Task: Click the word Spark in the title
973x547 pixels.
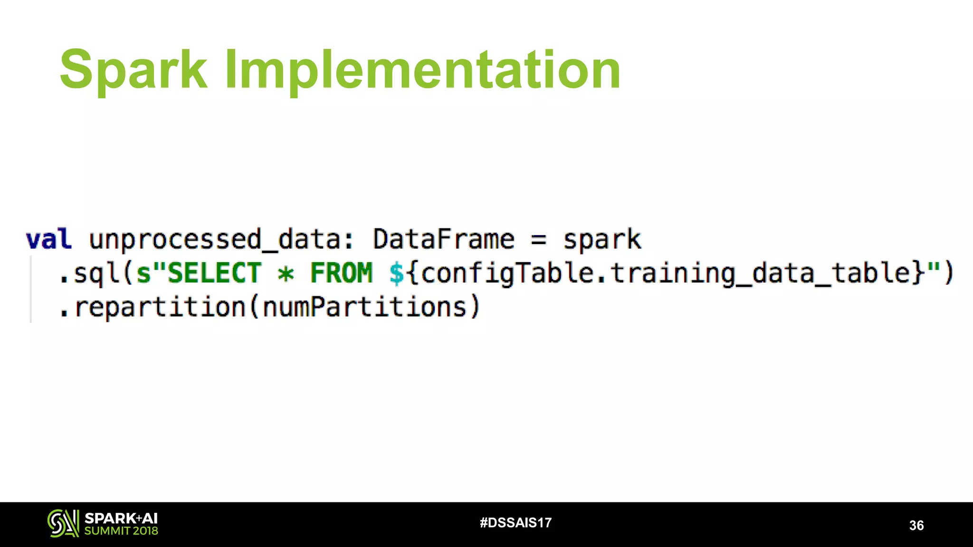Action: click(134, 70)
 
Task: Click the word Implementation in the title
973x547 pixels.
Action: click(422, 70)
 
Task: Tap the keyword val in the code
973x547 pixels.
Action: click(49, 239)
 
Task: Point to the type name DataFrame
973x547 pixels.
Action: click(443, 239)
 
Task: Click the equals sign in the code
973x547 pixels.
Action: click(538, 239)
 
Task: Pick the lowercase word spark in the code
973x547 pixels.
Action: click(602, 239)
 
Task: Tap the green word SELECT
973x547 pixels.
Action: click(214, 273)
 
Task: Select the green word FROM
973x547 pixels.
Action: click(342, 273)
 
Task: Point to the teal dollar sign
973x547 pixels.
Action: click(397, 273)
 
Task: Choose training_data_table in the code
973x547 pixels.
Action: click(760, 273)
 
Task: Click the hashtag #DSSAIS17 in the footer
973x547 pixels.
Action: click(515, 523)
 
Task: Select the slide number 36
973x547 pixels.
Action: click(916, 525)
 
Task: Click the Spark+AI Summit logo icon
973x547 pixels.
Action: click(63, 523)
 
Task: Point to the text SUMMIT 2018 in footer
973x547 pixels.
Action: click(121, 531)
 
